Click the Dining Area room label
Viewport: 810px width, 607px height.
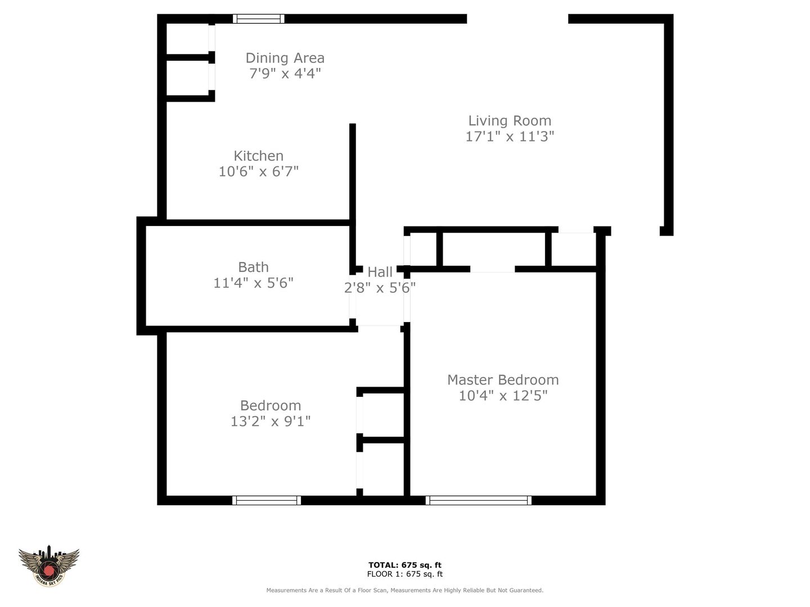[285, 58]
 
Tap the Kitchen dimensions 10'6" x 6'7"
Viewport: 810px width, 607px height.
[259, 171]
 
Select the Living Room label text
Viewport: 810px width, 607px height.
[510, 121]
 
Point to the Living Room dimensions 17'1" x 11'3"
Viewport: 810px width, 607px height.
[510, 137]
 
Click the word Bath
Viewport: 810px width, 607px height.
[253, 267]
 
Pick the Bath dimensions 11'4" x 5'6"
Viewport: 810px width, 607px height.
[253, 283]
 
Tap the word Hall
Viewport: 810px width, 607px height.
[380, 273]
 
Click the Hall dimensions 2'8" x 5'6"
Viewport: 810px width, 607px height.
[380, 288]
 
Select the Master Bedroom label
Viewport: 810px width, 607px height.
[503, 380]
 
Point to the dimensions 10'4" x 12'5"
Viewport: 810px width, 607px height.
[503, 396]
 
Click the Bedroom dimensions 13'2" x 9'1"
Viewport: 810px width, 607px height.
[271, 422]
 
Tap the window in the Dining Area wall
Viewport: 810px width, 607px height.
[259, 19]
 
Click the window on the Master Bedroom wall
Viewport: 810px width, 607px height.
[479, 500]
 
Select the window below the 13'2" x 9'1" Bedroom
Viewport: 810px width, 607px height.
[267, 500]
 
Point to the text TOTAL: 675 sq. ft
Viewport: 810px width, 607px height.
[405, 565]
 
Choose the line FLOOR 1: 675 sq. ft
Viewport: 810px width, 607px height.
[405, 574]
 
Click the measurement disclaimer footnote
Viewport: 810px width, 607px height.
[405, 590]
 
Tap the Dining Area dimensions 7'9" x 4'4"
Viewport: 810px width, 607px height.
[285, 74]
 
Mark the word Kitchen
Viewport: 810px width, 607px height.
[259, 156]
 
